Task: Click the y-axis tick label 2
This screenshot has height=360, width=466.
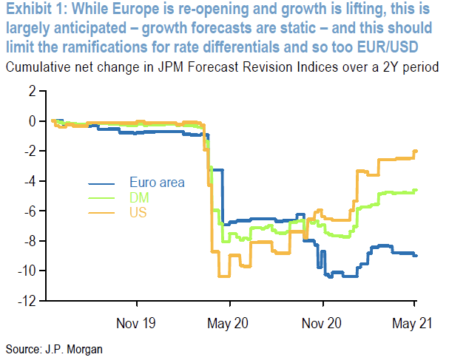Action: (x=32, y=92)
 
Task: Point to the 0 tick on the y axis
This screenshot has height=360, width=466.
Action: (x=32, y=121)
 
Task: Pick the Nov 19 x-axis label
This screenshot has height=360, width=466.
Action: (x=137, y=323)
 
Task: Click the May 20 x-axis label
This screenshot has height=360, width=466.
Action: (x=230, y=323)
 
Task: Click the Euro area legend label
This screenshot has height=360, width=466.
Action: (x=157, y=183)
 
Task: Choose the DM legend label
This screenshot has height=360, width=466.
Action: (x=138, y=197)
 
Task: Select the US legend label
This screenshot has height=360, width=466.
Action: (x=138, y=213)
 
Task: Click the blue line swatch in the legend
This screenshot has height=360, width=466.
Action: (x=101, y=183)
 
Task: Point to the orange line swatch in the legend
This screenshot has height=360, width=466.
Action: (x=101, y=213)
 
